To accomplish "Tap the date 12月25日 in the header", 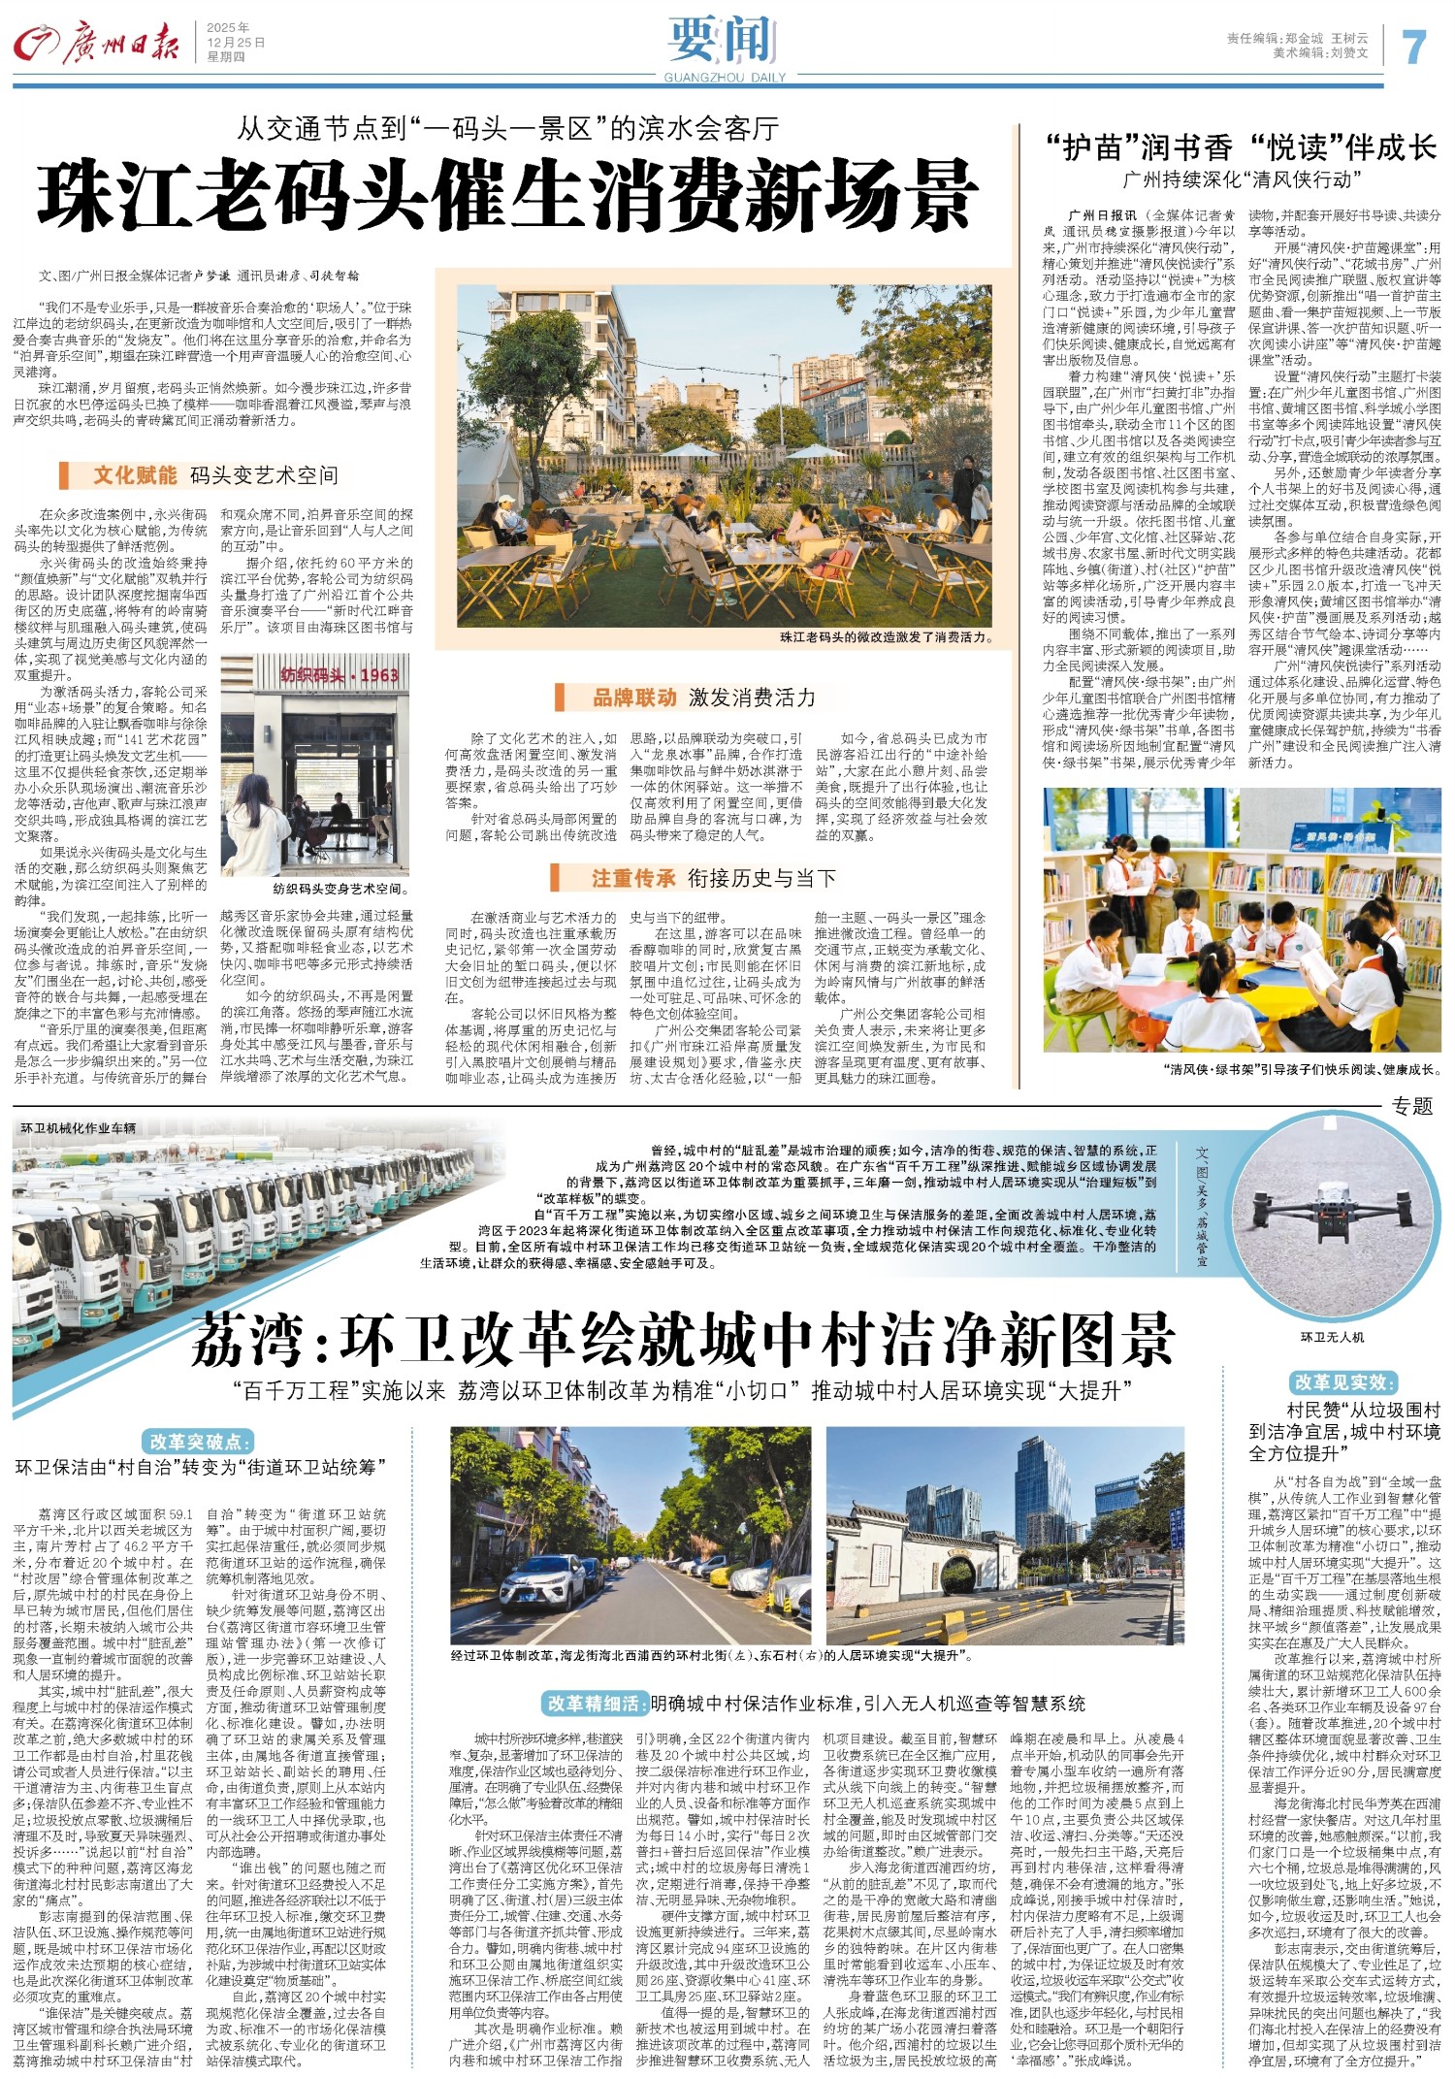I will (x=235, y=43).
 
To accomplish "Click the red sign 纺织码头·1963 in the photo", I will (x=339, y=674).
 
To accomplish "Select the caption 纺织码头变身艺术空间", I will (x=340, y=889).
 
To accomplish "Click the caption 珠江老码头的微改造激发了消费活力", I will (x=886, y=636).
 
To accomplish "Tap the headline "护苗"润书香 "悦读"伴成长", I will (x=1241, y=147).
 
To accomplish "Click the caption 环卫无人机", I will (x=1332, y=1336).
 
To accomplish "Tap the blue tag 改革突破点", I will (x=197, y=1441).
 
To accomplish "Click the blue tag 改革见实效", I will (x=1342, y=1381).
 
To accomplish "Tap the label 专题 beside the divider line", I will (x=1411, y=1106).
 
